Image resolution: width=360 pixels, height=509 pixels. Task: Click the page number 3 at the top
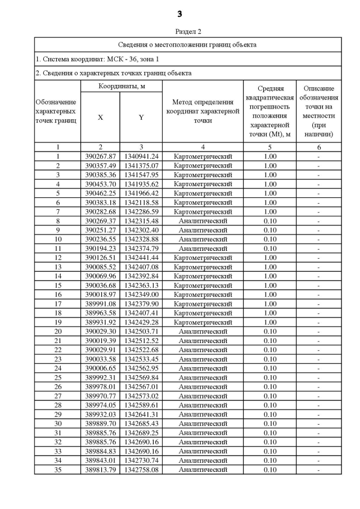click(180, 13)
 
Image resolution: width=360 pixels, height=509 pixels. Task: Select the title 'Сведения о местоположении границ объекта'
click(188, 44)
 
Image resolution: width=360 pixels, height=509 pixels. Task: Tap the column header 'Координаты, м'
click(121, 86)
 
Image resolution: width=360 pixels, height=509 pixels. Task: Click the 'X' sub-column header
click(100, 118)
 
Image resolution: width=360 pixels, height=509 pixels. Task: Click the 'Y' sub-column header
click(141, 118)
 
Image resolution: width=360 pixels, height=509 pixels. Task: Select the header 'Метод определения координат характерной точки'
click(202, 111)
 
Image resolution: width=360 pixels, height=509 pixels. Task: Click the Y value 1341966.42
click(141, 193)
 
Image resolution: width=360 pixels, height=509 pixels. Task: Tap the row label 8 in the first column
click(58, 221)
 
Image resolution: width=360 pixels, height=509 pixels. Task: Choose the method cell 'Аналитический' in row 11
click(202, 249)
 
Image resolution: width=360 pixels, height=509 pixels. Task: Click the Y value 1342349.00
click(141, 295)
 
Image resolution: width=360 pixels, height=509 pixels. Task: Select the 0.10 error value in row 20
click(270, 332)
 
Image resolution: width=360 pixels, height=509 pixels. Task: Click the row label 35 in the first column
click(58, 470)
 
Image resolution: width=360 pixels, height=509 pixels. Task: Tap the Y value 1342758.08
click(141, 470)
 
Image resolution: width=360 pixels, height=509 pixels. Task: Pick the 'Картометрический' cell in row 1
click(202, 156)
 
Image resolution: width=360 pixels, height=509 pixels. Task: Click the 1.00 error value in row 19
click(270, 322)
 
